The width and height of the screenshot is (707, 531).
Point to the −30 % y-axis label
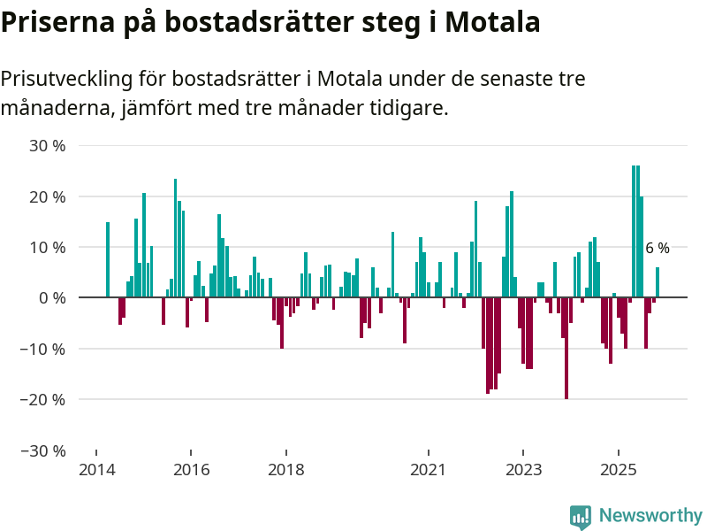tap(44, 450)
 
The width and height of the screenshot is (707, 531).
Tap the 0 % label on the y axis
tap(52, 298)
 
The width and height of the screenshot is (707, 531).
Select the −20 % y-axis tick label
tap(44, 400)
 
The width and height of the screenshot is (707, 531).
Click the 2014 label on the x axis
tap(97, 469)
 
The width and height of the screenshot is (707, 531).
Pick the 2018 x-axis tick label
tap(286, 469)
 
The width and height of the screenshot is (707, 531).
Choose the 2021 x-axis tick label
tap(429, 469)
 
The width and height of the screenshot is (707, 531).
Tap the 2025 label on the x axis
tap(618, 469)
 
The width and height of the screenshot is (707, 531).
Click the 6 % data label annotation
tap(657, 249)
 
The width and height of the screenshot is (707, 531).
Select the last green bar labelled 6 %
tap(658, 282)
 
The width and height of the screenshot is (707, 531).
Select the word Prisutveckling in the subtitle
tap(66, 79)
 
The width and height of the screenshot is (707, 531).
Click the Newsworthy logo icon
tap(581, 517)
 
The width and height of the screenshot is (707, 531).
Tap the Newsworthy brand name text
tap(650, 516)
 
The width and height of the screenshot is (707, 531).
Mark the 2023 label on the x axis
tap(523, 469)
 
